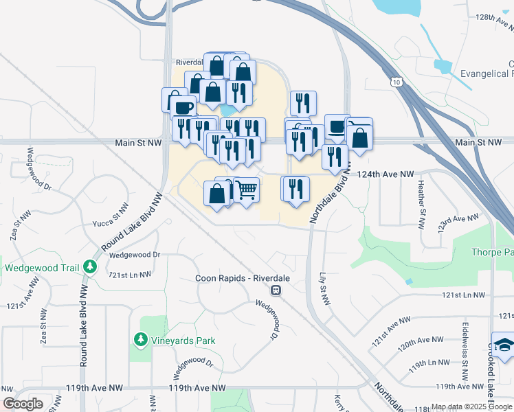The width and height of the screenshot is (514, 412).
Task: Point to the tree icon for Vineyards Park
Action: pos(140,340)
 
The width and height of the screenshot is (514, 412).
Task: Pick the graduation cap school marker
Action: pos(504,344)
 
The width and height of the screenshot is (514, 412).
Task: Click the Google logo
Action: pos(23,404)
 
